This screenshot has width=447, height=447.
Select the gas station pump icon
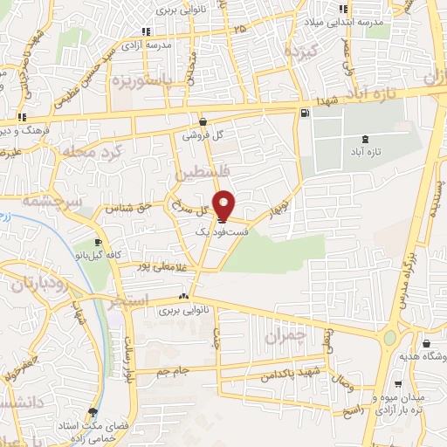(x=304, y=113)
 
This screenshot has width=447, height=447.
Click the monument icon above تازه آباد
(x=364, y=139)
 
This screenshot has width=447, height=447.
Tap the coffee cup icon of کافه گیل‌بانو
(x=98, y=243)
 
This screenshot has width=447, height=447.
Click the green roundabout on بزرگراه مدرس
(x=389, y=336)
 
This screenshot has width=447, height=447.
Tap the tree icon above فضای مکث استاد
(x=93, y=412)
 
